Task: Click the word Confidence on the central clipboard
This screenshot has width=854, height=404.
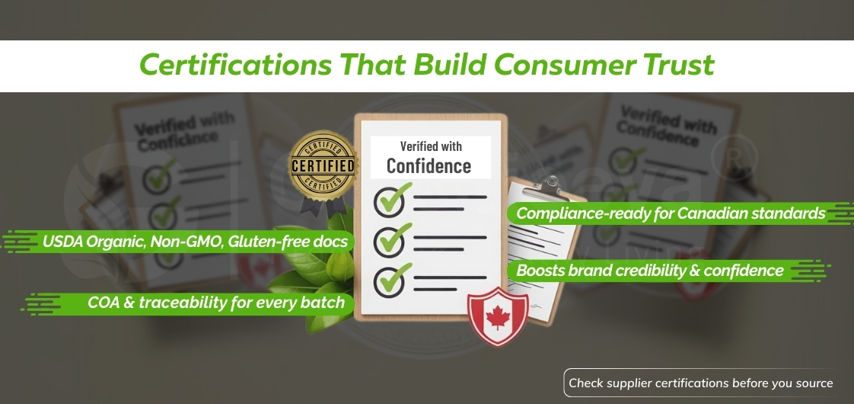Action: pos(429,165)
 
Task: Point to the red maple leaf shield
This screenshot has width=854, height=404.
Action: pos(498,313)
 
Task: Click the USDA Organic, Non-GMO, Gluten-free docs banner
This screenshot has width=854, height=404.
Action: pos(195,242)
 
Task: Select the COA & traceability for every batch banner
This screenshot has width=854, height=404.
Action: pos(215,303)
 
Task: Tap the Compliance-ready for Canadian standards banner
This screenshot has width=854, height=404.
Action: pos(670,213)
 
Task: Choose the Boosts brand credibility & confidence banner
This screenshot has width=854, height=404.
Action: pos(649,271)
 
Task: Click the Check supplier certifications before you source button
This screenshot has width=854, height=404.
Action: pos(700,383)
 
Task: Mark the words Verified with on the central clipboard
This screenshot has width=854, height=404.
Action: pos(430,146)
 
